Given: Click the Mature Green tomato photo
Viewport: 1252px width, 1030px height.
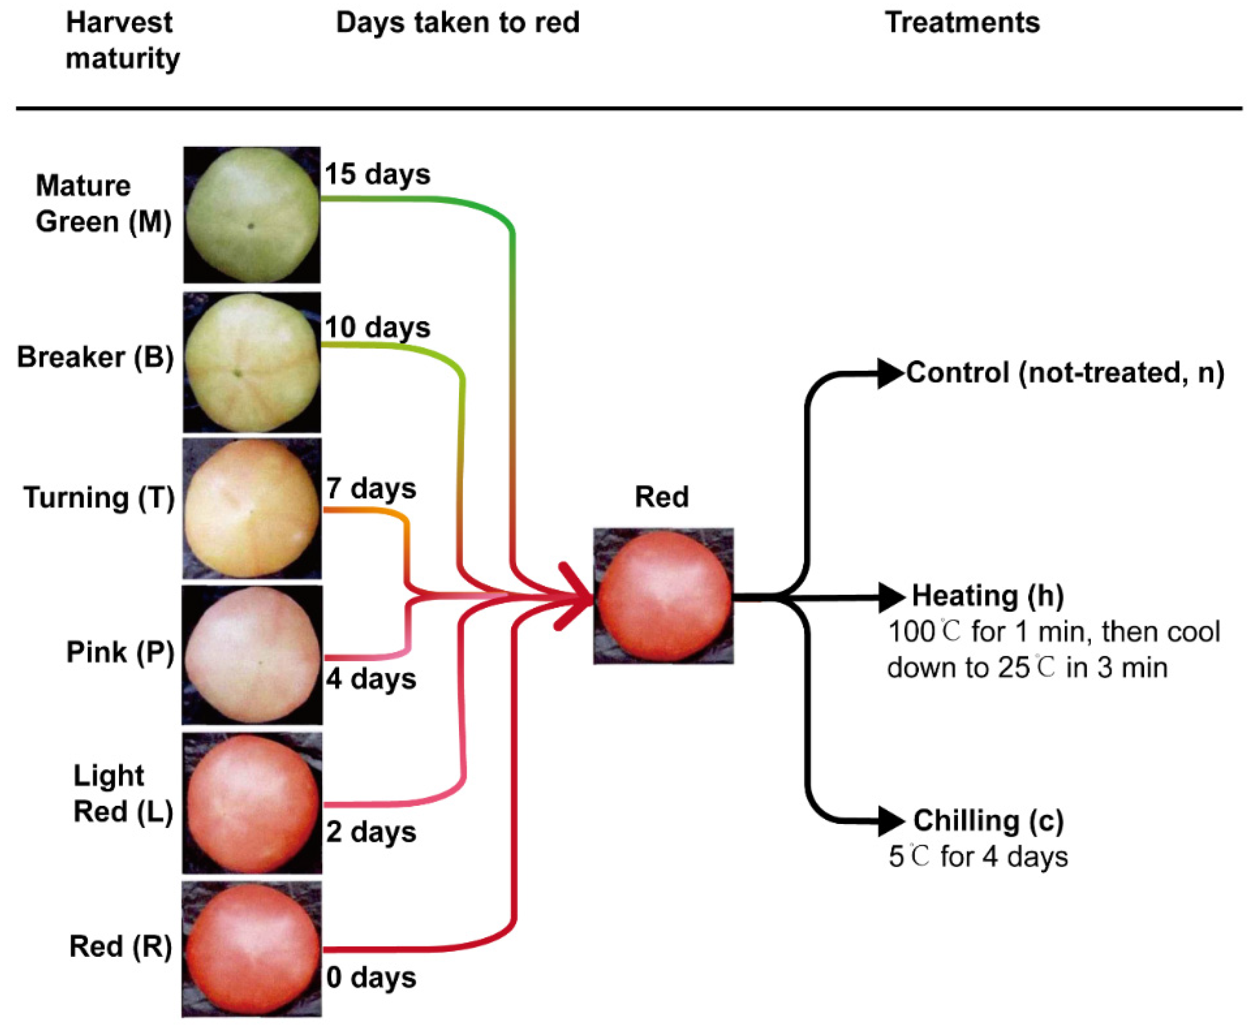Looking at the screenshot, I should tap(251, 215).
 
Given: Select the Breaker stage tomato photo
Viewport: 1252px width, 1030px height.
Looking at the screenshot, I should tap(251, 362).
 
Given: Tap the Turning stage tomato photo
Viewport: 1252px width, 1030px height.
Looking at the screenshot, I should tap(251, 509).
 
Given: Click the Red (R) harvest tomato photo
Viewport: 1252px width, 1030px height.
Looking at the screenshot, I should tap(251, 949).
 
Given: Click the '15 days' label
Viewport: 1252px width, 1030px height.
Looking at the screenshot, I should tap(377, 174).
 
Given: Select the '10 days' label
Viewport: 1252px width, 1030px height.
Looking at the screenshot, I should tap(377, 327).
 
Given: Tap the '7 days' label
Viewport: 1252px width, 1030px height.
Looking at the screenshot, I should tap(371, 489).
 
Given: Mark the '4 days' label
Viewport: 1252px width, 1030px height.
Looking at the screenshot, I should tap(371, 679).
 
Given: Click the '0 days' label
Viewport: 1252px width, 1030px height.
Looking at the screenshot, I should tap(371, 978).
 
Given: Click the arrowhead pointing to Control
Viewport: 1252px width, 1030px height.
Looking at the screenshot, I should tap(890, 374).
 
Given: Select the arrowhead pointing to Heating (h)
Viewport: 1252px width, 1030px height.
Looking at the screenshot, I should tap(890, 597).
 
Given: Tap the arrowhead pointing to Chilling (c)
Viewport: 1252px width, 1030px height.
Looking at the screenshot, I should tap(890, 821).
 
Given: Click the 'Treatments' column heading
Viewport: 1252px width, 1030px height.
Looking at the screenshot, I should tap(962, 22).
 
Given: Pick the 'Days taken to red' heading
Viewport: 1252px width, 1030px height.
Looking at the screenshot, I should tap(457, 22).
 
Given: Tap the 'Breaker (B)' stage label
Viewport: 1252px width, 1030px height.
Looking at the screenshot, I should tap(95, 357).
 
